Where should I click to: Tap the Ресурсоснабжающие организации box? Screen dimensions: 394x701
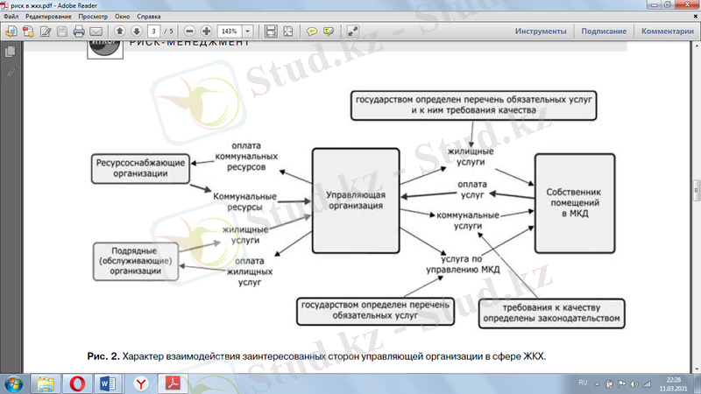(x=140, y=168)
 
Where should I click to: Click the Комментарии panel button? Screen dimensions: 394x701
(x=667, y=32)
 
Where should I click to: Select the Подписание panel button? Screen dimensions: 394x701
(x=603, y=32)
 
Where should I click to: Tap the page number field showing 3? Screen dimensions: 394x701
(x=155, y=32)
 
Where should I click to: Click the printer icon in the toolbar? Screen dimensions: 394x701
(x=80, y=32)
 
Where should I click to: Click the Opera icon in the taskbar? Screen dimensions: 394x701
(x=78, y=383)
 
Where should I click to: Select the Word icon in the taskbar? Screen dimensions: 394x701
(x=109, y=383)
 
